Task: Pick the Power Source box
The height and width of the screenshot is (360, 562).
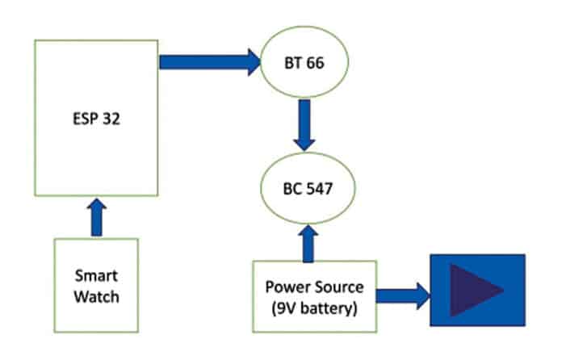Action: [314, 296]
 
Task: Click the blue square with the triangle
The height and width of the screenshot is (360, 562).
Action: [476, 290]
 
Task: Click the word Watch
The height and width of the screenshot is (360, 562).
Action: [95, 295]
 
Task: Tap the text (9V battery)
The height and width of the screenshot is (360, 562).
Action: [314, 306]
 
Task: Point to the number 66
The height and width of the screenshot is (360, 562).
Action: [317, 62]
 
